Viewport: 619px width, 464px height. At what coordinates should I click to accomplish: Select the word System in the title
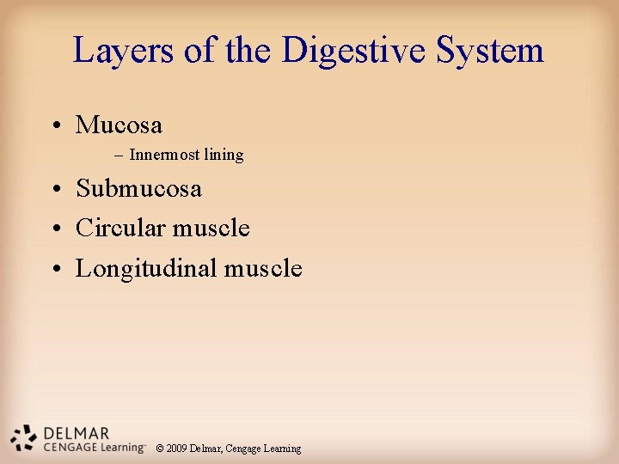(x=490, y=52)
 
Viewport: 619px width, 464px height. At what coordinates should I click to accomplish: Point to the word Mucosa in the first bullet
(x=119, y=125)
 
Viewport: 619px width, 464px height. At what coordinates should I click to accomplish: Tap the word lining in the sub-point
(x=224, y=156)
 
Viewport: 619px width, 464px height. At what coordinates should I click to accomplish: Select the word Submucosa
(x=138, y=189)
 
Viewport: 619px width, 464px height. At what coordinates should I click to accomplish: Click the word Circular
(x=120, y=229)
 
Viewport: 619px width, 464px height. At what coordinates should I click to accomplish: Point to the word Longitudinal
(x=146, y=269)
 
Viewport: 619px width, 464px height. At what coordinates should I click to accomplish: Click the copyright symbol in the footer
(x=160, y=449)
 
